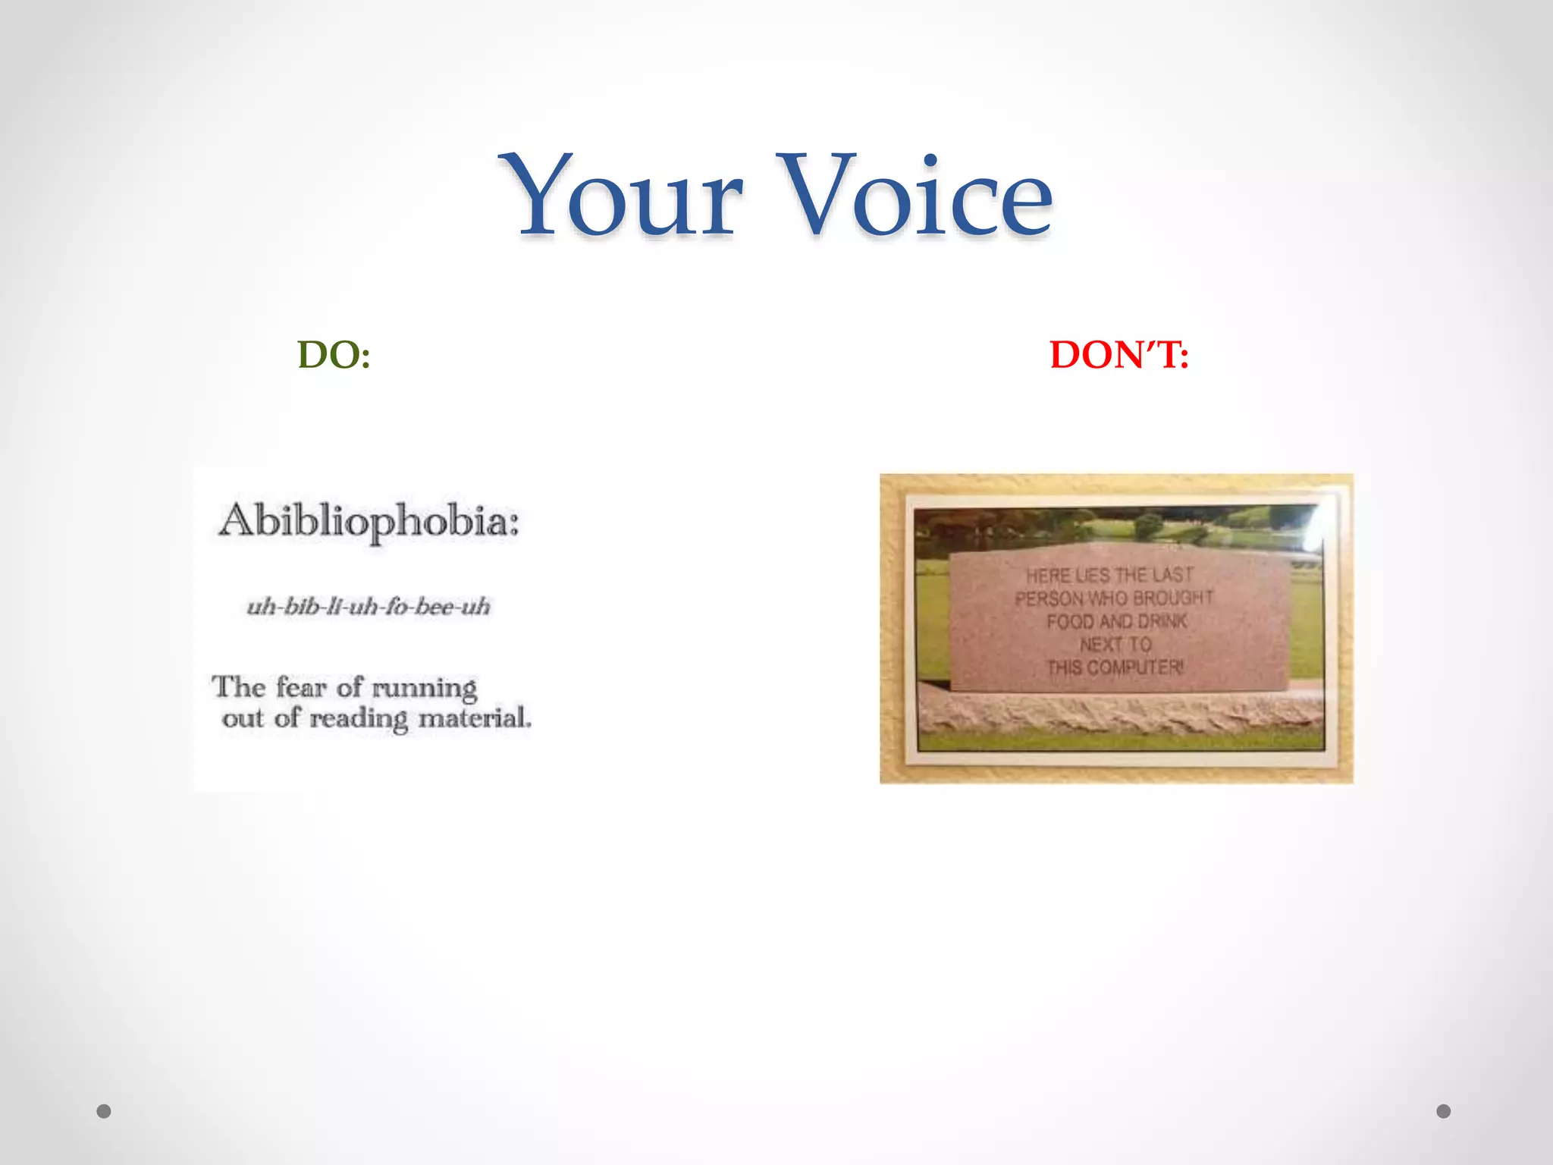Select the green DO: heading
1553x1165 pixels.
(334, 355)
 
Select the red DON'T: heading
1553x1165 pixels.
(1119, 355)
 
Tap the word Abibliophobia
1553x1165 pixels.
(369, 522)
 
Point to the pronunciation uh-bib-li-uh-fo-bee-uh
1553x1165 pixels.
(369, 607)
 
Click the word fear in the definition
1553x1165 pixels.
(301, 687)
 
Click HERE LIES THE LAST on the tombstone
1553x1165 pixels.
(1110, 576)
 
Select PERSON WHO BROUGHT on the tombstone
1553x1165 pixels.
(1114, 598)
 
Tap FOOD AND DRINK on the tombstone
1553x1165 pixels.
(1116, 622)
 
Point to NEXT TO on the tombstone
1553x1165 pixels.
(1115, 645)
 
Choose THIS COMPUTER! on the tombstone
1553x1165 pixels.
(1115, 667)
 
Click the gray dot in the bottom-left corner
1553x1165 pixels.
(104, 1111)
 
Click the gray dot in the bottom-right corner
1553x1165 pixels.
(1444, 1111)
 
